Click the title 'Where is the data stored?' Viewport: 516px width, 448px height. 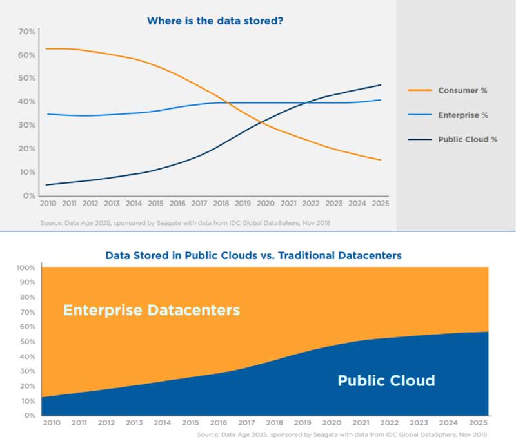tap(215, 21)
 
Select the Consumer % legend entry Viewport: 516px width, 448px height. tap(462, 90)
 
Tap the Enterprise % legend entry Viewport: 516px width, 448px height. tap(462, 115)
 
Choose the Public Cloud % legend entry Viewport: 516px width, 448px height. tap(468, 139)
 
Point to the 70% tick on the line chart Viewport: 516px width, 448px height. tap(26, 32)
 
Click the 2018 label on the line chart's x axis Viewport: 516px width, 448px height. tap(220, 204)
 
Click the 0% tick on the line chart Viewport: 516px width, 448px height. tap(30, 195)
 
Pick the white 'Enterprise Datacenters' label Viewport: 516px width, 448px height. tap(152, 310)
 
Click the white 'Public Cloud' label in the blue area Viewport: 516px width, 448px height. tap(386, 380)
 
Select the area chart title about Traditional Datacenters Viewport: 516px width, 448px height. tap(253, 256)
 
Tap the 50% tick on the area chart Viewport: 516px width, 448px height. tap(26, 341)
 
